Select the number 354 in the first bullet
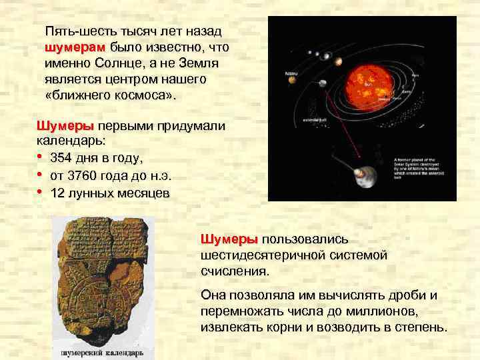pos(62,159)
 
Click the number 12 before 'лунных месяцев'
pos(57,193)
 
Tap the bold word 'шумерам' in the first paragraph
pos(75,48)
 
